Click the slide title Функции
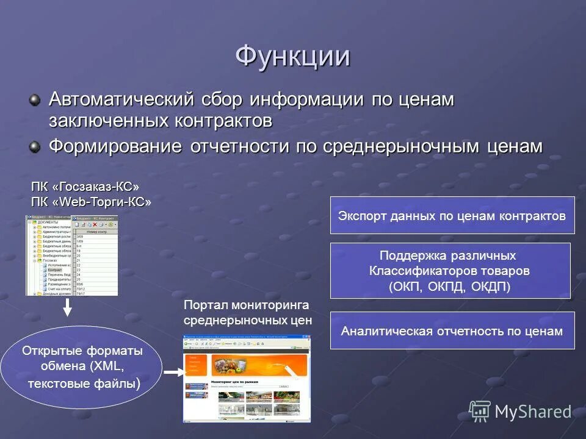pyautogui.click(x=292, y=57)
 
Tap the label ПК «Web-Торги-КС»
pyautogui.click(x=91, y=202)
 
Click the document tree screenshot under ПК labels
pyautogui.click(x=72, y=255)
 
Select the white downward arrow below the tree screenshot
pyautogui.click(x=68, y=307)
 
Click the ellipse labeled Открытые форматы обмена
pyautogui.click(x=82, y=367)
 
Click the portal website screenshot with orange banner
pyautogui.click(x=247, y=378)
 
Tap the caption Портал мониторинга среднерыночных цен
pyautogui.click(x=247, y=312)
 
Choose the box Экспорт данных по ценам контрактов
pyautogui.click(x=452, y=215)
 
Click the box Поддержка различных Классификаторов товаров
pyautogui.click(x=450, y=270)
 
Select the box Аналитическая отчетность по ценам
pyautogui.click(x=452, y=330)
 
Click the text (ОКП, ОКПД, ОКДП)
pyautogui.click(x=449, y=286)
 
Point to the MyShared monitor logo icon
pyautogui.click(x=480, y=411)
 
